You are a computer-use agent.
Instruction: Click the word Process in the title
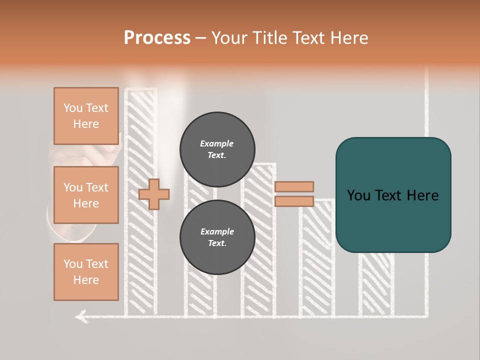click(x=157, y=38)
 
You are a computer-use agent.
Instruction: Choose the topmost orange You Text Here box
click(x=86, y=116)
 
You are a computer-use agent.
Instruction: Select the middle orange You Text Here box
click(x=86, y=195)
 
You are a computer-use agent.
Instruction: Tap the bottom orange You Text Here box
click(x=86, y=272)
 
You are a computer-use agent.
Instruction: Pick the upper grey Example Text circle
click(x=217, y=149)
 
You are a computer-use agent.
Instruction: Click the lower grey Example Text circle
click(x=217, y=237)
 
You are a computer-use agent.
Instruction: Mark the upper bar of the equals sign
click(x=294, y=186)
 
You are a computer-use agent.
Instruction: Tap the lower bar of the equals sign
click(x=294, y=201)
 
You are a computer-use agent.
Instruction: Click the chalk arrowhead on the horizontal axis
click(x=80, y=315)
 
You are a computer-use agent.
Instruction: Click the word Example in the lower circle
click(x=217, y=231)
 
